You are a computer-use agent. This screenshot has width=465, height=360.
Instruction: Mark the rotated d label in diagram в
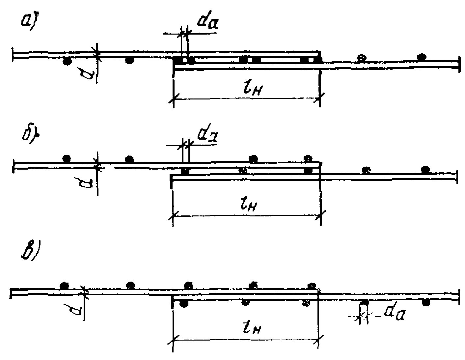click(76, 309)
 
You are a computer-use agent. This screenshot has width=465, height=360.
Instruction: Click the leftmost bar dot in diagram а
click(67, 61)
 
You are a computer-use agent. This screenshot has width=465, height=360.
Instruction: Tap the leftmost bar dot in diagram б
click(67, 158)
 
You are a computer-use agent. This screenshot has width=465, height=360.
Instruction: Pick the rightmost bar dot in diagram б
click(425, 169)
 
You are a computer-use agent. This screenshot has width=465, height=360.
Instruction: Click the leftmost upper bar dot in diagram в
click(65, 285)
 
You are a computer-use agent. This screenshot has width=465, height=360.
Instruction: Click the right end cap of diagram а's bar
click(458, 65)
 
